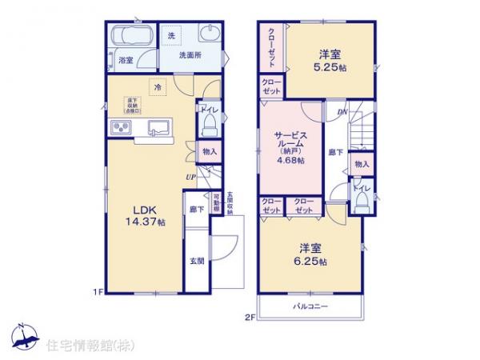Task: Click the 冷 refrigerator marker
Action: click(x=159, y=86)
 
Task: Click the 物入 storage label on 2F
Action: click(x=362, y=164)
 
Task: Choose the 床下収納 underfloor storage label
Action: click(x=131, y=105)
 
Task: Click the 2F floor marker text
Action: click(x=249, y=317)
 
